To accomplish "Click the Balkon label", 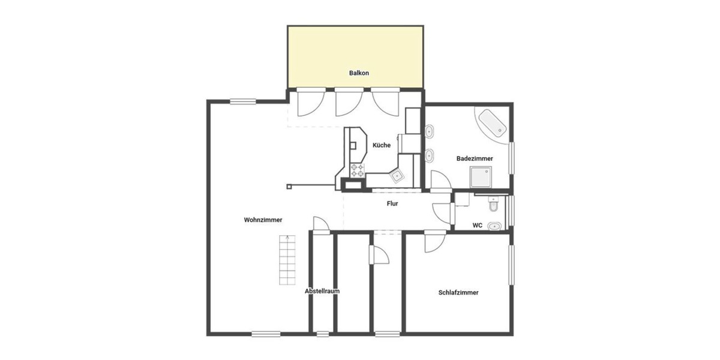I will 359,73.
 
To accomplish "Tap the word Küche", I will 382,145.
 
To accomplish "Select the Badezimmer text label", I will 475,158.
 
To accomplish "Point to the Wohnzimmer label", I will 263,220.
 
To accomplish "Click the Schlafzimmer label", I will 458,293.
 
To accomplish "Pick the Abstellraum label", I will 322,291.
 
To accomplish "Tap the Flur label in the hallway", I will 392,203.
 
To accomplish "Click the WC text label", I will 478,226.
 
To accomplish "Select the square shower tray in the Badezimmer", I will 481,177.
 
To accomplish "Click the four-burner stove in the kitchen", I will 358,170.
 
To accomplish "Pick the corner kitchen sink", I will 397,175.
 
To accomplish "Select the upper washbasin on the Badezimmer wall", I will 430,131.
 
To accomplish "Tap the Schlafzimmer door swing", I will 433,242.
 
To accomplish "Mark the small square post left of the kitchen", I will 289,187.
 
